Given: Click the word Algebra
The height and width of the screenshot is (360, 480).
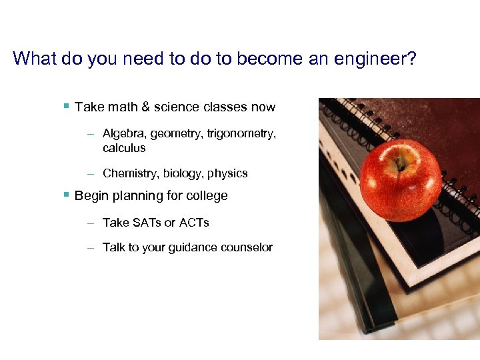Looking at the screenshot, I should pyautogui.click(x=124, y=134).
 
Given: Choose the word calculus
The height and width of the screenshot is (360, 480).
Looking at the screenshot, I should pyautogui.click(x=124, y=148).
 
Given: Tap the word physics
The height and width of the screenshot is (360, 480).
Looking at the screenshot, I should pyautogui.click(x=227, y=173).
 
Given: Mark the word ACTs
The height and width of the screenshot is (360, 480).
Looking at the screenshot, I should pyautogui.click(x=194, y=223).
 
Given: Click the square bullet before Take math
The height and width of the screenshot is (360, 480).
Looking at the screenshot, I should pyautogui.click(x=66, y=106).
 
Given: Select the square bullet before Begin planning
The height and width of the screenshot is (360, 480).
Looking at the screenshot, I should pyautogui.click(x=66, y=195).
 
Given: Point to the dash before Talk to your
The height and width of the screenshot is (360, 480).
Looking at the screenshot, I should pyautogui.click(x=90, y=247).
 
